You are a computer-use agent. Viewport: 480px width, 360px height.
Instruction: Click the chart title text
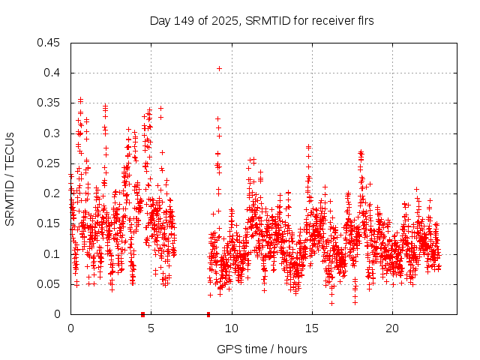[262, 21]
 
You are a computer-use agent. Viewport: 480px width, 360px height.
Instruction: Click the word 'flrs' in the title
[364, 21]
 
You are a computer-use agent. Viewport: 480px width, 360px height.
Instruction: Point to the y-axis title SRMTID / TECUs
[10, 178]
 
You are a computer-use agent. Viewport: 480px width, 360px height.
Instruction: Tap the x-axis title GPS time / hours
[262, 349]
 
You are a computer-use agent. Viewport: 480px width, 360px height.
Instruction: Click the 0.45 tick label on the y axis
[50, 43]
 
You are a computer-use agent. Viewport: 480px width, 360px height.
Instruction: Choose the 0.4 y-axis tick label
[53, 73]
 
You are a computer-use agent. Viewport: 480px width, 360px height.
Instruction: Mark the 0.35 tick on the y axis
[50, 103]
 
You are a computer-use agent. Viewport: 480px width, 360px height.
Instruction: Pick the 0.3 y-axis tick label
[53, 133]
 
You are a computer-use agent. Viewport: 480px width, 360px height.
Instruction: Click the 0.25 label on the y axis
[50, 163]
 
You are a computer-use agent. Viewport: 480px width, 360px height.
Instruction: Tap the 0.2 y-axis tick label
[53, 193]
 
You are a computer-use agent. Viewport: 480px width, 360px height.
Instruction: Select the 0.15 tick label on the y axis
[50, 223]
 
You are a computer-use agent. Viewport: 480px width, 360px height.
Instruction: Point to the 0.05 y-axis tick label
[50, 284]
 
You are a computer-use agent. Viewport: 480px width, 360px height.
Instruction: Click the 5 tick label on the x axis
[151, 328]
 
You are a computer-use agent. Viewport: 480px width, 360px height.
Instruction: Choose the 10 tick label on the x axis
[232, 328]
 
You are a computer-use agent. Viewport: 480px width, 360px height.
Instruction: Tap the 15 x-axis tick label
[312, 328]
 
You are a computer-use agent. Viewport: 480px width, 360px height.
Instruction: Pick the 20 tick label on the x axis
[392, 328]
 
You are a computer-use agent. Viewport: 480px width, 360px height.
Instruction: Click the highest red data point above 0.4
[219, 68]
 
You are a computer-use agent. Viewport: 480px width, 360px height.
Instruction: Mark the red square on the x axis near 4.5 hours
[142, 314]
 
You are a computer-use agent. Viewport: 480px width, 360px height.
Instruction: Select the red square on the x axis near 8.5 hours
[208, 314]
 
